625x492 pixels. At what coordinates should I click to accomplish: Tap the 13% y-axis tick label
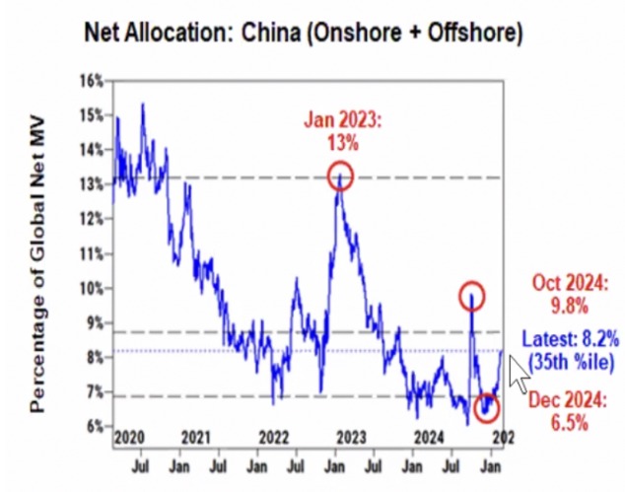coord(92,184)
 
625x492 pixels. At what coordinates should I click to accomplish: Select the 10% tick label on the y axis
coord(92,289)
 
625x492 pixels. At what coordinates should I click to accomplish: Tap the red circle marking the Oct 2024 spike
coord(473,296)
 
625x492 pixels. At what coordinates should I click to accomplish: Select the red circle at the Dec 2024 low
coord(487,406)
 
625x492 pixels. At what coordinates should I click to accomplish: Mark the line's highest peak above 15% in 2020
coord(144,104)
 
